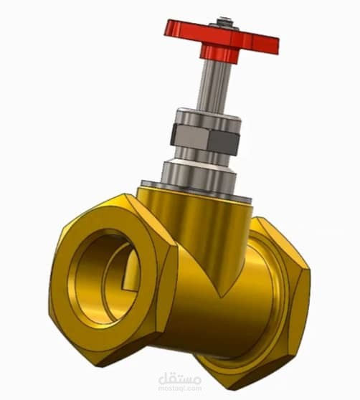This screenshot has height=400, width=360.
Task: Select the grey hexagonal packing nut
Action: (205, 139)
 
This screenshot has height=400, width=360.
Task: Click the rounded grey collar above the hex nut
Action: (209, 118)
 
